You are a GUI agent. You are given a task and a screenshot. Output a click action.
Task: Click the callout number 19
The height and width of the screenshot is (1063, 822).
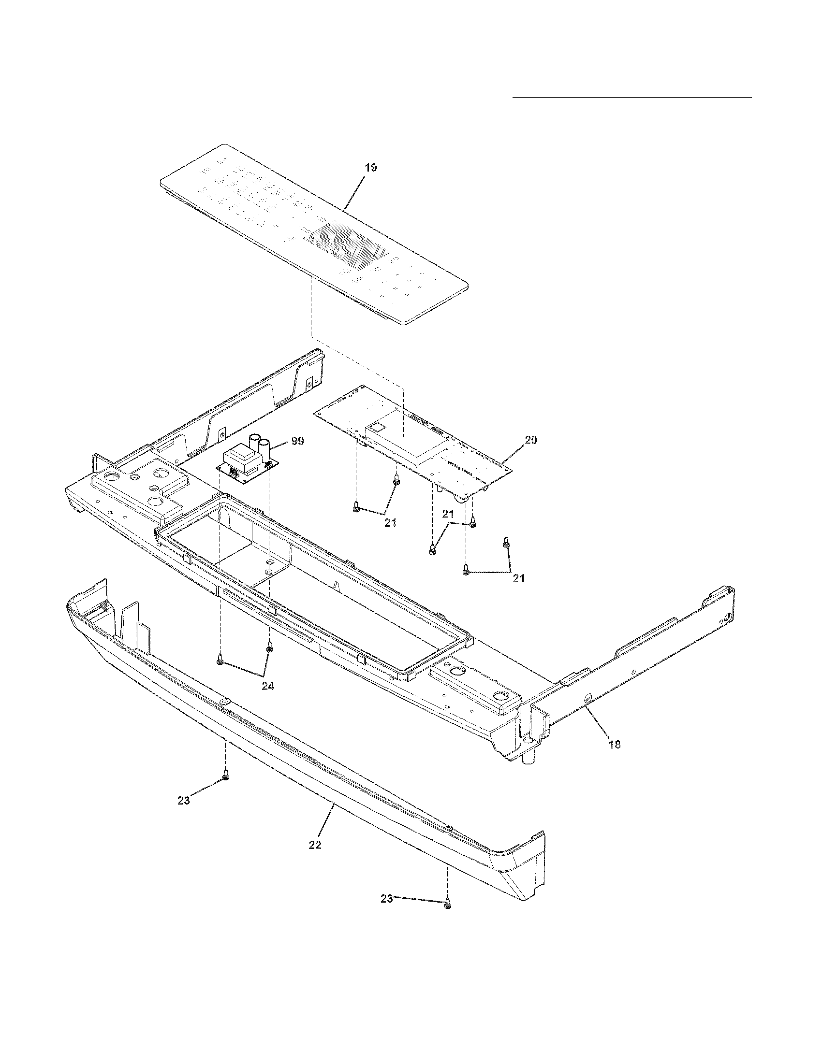(370, 168)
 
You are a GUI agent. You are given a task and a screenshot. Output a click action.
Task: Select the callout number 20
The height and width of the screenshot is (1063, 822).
(531, 440)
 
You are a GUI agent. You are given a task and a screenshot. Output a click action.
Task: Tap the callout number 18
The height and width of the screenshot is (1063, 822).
(615, 744)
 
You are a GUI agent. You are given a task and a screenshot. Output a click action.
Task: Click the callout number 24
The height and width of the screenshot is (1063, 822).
(268, 686)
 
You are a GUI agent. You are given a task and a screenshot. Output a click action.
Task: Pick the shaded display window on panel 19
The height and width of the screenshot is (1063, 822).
(347, 244)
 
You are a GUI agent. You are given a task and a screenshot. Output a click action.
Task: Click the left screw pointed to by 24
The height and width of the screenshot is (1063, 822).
(220, 661)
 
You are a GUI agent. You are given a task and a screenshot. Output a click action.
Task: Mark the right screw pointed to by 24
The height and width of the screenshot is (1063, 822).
(269, 648)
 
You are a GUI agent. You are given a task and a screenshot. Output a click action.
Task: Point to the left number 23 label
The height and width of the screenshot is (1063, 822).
(184, 801)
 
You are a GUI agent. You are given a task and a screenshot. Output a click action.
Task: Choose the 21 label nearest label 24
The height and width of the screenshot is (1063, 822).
(390, 523)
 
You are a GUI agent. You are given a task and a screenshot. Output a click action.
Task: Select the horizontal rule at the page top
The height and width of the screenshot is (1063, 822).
(632, 97)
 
